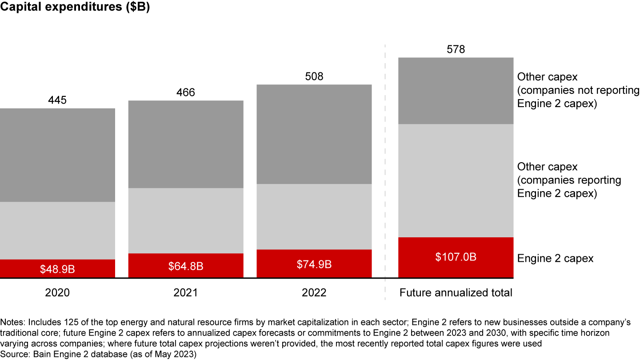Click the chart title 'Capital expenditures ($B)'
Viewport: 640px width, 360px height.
(75, 7)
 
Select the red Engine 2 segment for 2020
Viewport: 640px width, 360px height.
(57, 268)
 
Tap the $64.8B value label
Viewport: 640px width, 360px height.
(186, 266)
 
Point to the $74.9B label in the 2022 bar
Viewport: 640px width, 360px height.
(314, 264)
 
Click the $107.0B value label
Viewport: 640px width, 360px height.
(456, 257)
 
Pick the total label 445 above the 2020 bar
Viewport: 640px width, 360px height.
(57, 100)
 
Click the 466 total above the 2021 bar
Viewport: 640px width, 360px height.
(186, 92)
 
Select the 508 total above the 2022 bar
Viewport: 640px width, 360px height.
(314, 76)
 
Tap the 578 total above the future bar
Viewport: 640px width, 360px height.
(456, 49)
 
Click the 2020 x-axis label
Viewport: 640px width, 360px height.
(57, 292)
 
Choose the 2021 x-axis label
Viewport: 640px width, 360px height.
(186, 292)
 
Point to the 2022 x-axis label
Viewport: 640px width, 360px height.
(314, 292)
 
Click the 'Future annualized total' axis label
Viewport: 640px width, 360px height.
(456, 293)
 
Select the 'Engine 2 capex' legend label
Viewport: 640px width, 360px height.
(555, 259)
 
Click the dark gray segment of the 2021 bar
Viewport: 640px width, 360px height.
(186, 144)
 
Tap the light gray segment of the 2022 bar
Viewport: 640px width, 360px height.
(314, 217)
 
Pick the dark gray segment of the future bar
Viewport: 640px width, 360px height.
(456, 91)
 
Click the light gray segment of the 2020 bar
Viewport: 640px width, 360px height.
(57, 231)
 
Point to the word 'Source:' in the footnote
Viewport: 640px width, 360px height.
(15, 354)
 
